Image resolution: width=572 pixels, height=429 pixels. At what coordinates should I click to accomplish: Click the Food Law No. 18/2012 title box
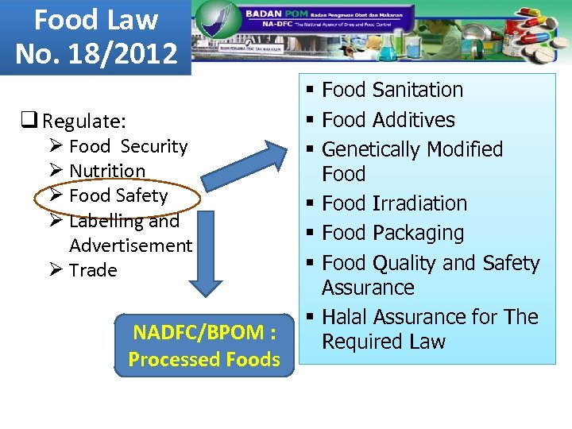click(x=95, y=37)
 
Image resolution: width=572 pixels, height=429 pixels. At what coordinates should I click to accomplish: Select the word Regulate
click(x=83, y=122)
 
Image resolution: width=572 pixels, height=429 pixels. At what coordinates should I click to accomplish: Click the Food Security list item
click(x=128, y=146)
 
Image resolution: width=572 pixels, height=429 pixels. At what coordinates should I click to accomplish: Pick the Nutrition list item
click(x=107, y=171)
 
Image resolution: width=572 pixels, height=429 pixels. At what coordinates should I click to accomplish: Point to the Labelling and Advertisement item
click(x=129, y=233)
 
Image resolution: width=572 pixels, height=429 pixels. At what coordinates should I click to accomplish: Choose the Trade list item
click(x=93, y=270)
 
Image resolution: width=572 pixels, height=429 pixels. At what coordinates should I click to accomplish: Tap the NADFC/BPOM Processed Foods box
click(x=204, y=346)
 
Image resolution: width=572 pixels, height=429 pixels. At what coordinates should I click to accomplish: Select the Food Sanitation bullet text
click(x=392, y=90)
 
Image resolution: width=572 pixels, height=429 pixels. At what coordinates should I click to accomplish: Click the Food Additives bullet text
click(x=388, y=120)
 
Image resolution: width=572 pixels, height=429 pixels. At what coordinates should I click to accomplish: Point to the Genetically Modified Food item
click(x=412, y=161)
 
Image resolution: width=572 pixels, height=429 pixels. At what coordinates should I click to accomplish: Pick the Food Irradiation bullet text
click(x=394, y=203)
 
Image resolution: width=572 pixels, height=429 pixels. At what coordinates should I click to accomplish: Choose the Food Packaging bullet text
click(x=392, y=233)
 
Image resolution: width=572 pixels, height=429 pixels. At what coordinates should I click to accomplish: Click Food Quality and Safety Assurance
click(x=430, y=275)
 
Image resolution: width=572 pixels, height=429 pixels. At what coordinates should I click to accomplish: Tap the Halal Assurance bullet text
click(x=429, y=329)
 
